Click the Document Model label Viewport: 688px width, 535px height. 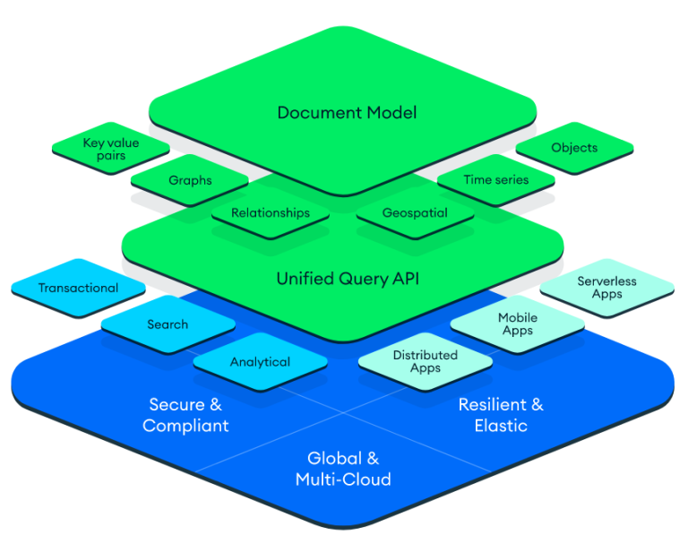[x=347, y=113]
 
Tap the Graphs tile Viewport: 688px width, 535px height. [x=190, y=180]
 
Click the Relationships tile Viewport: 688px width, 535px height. [x=270, y=213]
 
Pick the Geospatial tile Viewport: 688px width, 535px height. [x=415, y=213]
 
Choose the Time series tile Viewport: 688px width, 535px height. [x=495, y=180]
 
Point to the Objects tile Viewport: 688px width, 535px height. [x=574, y=148]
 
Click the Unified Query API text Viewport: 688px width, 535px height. [x=347, y=280]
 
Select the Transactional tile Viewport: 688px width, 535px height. [x=78, y=289]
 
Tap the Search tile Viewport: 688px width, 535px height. [x=168, y=324]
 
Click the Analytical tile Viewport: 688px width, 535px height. [x=260, y=362]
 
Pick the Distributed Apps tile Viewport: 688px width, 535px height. [x=425, y=362]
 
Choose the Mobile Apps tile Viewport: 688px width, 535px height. [x=517, y=324]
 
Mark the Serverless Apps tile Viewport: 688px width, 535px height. [x=606, y=288]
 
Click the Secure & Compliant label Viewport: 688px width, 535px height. [x=185, y=415]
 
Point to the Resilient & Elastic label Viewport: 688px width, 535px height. [x=501, y=415]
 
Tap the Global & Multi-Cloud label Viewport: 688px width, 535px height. [x=343, y=469]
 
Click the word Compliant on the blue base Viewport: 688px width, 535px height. [x=185, y=426]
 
